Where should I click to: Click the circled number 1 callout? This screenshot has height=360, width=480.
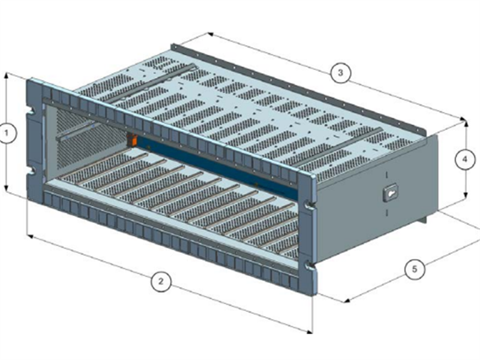7,133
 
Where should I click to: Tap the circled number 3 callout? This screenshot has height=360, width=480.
340,73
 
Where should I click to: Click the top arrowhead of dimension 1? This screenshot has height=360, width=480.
7,75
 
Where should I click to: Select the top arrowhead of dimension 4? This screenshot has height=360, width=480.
466,122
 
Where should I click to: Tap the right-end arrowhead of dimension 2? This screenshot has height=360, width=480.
311,331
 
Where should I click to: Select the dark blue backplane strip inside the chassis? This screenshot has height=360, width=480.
216,165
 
